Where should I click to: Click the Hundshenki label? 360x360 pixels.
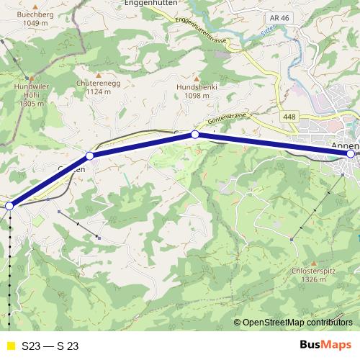(x=197, y=86)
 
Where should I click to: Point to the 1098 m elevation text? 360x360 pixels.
(x=197, y=94)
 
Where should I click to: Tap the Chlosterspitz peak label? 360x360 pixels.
(x=312, y=271)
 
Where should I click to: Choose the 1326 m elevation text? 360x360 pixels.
(x=312, y=279)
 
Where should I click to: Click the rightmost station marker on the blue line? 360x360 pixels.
(x=351, y=153)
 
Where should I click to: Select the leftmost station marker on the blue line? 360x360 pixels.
(x=9, y=206)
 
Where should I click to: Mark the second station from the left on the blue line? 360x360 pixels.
(x=90, y=156)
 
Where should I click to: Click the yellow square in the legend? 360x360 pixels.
(x=10, y=346)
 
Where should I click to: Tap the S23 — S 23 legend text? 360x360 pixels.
(x=50, y=346)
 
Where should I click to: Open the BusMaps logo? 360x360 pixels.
(x=325, y=345)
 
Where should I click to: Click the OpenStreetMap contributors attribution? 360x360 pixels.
(x=296, y=323)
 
